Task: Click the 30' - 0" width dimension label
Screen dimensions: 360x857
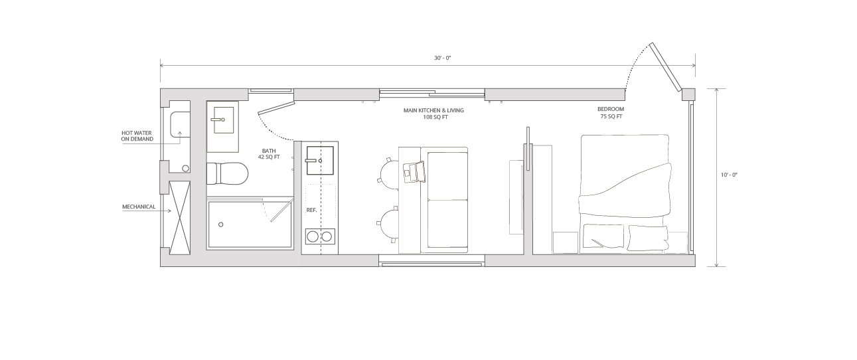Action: [442, 58]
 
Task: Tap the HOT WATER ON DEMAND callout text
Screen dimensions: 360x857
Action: [137, 137]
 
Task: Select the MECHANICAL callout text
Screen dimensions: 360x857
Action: [138, 207]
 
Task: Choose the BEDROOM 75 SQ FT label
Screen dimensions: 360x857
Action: [610, 113]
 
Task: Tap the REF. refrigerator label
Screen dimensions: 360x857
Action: [311, 210]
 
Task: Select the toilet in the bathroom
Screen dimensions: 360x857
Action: [227, 174]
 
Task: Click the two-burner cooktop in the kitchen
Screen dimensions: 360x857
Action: [319, 236]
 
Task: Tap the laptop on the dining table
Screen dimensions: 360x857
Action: [414, 171]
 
